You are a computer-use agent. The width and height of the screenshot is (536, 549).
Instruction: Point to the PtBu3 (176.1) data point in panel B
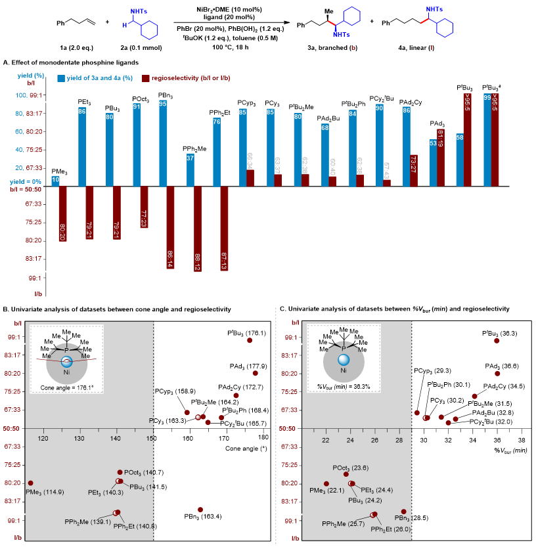249,340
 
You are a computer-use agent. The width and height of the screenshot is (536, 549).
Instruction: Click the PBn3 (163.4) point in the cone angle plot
200,510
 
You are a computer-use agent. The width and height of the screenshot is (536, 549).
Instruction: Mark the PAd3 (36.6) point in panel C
497,373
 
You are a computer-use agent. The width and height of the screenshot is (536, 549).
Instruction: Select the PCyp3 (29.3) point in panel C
417,412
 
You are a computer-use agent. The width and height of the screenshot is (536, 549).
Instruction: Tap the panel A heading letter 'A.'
7,62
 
